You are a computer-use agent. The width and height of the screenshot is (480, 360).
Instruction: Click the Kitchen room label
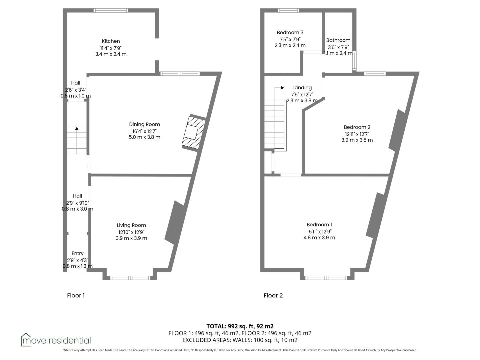[111, 41]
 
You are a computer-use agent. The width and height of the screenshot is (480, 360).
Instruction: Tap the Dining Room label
[144, 124]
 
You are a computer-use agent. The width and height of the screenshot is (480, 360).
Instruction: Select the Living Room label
[131, 225]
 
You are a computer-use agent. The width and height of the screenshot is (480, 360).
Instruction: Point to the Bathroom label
[338, 40]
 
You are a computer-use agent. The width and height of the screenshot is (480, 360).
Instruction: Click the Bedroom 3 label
[290, 33]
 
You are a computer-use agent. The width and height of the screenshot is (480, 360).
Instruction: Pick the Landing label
[302, 88]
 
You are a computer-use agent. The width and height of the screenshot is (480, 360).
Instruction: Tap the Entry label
[77, 253]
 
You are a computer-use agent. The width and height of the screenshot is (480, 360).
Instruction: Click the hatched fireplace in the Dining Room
[194, 132]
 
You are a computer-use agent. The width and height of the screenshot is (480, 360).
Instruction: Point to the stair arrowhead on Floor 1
[77, 129]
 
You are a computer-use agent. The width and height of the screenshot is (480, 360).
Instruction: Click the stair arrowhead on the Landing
[283, 88]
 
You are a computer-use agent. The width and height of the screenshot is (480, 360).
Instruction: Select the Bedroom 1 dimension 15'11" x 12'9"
[319, 231]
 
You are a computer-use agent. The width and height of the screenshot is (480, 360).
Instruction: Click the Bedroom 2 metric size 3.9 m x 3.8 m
[357, 140]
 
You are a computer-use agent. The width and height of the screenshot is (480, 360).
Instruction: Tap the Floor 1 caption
[76, 296]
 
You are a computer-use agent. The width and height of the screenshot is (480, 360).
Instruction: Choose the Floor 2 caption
[273, 296]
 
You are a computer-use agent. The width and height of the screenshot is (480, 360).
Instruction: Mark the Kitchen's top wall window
[111, 10]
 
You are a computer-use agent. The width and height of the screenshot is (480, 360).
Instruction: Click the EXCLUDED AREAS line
[240, 340]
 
